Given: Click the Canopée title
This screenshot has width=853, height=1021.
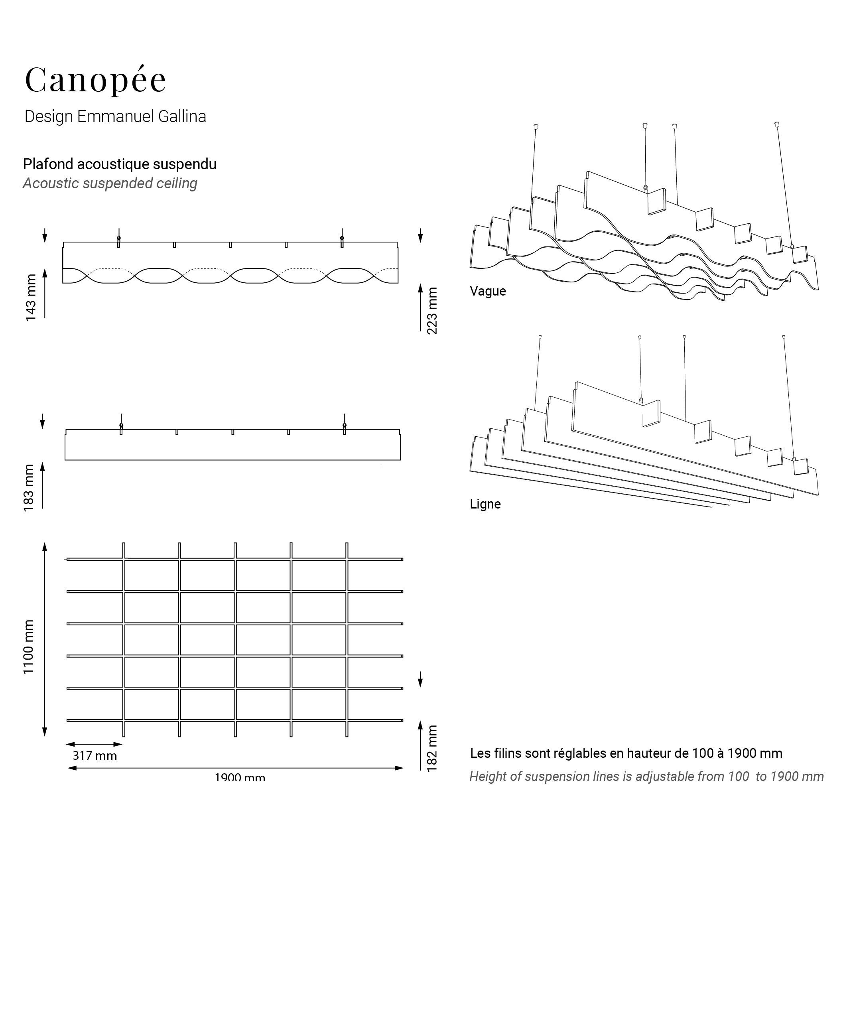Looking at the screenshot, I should tap(95, 80).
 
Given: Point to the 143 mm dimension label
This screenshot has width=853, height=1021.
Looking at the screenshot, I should tap(31, 298).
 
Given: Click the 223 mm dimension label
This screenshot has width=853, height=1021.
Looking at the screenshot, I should tap(431, 311).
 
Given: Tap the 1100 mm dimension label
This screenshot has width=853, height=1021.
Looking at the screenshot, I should tap(29, 647).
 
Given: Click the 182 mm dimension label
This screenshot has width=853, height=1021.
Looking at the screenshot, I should tap(431, 748).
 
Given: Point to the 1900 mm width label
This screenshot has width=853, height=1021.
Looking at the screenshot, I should tap(240, 777).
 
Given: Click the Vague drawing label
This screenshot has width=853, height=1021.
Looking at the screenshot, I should tap(487, 291).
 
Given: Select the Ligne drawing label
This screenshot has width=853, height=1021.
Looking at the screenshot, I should tap(485, 504).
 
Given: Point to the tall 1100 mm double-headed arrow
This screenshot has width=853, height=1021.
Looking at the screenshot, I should tap(45, 639).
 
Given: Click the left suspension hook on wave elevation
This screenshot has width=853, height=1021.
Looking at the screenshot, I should tap(118, 238).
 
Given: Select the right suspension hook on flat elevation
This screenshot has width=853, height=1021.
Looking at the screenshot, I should tap(345, 426).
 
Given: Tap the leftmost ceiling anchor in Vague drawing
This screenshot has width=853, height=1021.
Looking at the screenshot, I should tap(536, 127).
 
